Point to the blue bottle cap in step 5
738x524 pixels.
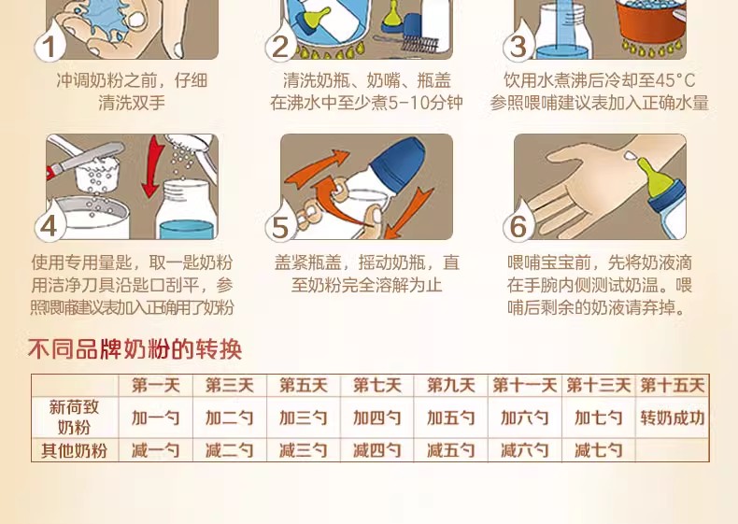pyautogui.click(x=397, y=163)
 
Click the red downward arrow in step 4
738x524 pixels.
pyautogui.click(x=152, y=166)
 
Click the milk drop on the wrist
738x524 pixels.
pyautogui.click(x=629, y=155)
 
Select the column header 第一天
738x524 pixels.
pyautogui.click(x=156, y=386)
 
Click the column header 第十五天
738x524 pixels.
pyautogui.click(x=672, y=386)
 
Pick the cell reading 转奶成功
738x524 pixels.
pyautogui.click(x=672, y=418)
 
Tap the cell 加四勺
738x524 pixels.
pyautogui.click(x=377, y=418)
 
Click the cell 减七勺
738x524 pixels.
pyautogui.click(x=598, y=450)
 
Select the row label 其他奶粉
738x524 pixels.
pyautogui.click(x=74, y=450)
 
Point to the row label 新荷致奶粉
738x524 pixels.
pyautogui.click(x=74, y=418)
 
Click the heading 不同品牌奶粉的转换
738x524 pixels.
pyautogui.click(x=135, y=349)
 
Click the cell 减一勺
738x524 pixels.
pyautogui.click(x=156, y=450)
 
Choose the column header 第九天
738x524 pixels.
pyautogui.click(x=451, y=386)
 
